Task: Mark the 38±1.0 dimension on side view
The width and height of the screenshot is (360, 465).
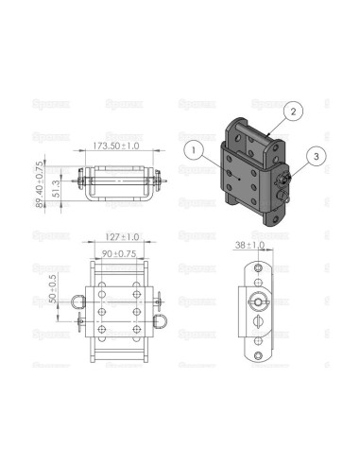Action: point(252,244)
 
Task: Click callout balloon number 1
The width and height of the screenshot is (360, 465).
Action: point(193,147)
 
